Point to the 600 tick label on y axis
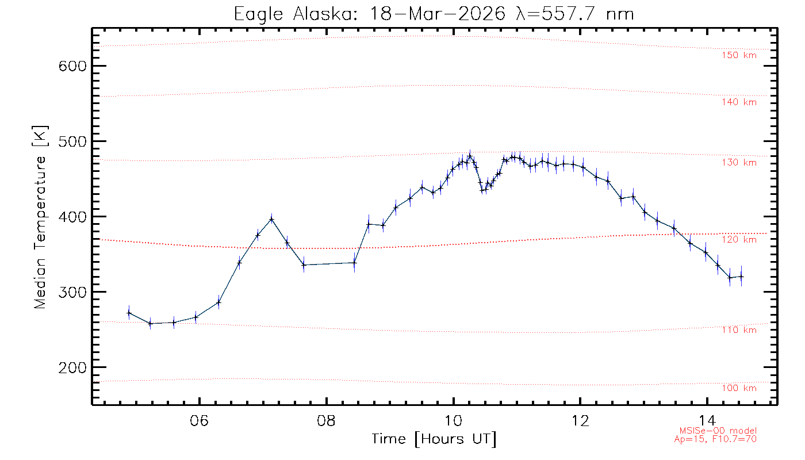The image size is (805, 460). click(73, 66)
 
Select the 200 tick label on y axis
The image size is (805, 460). click(73, 367)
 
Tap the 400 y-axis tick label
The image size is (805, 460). click(73, 217)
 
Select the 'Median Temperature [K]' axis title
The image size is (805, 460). click(40, 217)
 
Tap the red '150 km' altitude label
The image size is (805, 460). click(739, 56)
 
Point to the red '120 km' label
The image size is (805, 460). click(739, 240)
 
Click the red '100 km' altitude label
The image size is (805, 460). click(739, 388)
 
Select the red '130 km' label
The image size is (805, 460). click(739, 163)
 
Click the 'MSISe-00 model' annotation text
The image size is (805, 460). click(718, 431)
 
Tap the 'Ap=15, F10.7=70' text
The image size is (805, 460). click(715, 439)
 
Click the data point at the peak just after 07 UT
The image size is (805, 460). click(271, 219)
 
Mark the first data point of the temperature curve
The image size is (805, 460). click(129, 313)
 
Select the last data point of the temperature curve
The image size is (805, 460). click(742, 277)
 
